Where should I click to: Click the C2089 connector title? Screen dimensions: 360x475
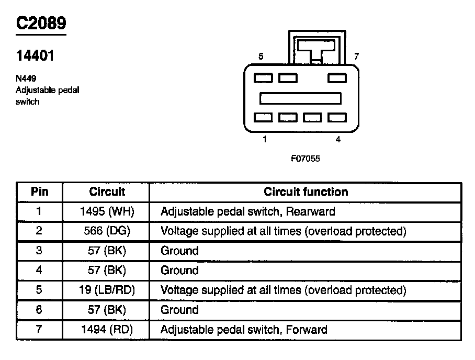41,24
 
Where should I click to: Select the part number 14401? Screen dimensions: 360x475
35,56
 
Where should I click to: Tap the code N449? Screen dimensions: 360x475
26,78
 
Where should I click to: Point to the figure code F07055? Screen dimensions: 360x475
306,159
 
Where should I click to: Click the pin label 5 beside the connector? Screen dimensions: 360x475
261,56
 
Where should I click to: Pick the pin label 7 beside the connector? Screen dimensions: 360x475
356,56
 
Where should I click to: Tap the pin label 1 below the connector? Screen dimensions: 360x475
265,140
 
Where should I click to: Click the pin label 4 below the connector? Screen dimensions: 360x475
338,140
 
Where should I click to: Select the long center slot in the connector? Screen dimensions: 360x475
300,98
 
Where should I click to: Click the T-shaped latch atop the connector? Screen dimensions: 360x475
316,50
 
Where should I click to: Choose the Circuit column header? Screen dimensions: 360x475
107,192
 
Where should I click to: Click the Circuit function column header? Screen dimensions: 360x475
306,192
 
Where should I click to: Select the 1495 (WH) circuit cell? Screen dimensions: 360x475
107,212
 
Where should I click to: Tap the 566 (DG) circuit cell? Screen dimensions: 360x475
107,231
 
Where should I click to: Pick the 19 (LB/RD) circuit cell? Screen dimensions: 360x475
107,290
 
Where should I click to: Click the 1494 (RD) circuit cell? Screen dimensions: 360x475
107,330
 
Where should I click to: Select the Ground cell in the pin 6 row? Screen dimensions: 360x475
179,310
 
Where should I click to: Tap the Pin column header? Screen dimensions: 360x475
40,192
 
